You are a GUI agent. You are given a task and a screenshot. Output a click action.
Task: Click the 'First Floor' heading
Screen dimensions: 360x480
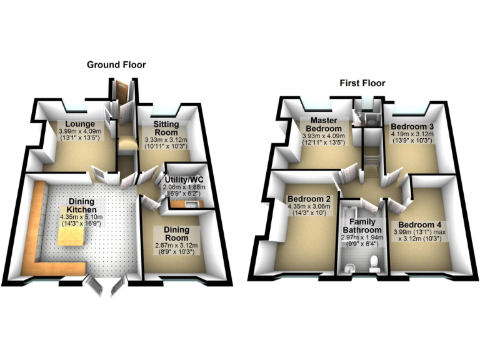point(362,82)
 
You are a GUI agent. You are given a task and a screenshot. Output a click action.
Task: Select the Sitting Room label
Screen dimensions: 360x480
point(166,129)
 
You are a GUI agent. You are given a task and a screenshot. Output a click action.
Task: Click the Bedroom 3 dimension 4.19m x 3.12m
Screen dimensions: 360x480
point(411,134)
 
